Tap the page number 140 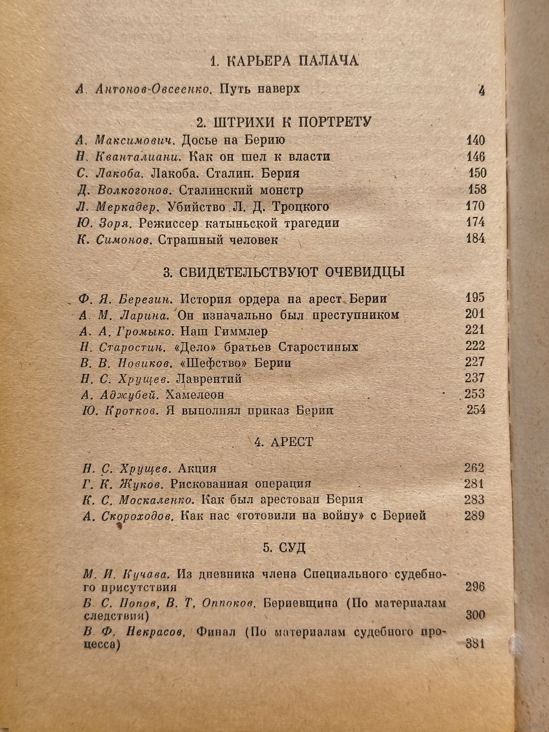pos(474,140)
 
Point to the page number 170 pos(474,206)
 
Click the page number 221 pos(474,330)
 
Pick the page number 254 pos(475,410)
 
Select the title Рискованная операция pos(241,484)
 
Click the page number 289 pos(474,515)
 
